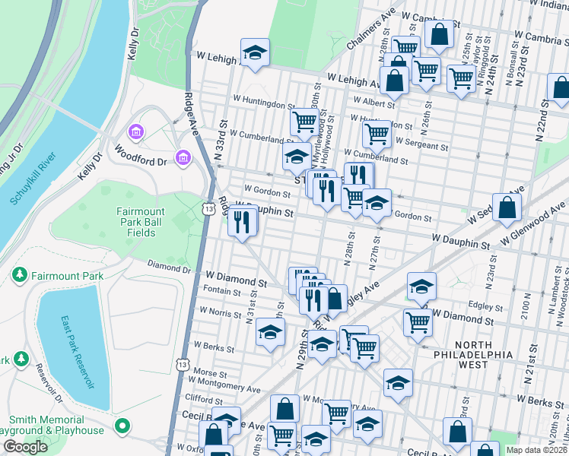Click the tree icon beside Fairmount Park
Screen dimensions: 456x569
pos(17,275)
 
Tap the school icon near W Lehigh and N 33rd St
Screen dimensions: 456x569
pos(255,53)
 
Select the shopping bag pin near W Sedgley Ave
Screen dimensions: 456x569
pos(507,207)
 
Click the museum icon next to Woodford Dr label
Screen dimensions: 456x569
pos(183,158)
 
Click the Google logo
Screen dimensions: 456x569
pos(25,447)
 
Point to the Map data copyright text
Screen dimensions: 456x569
pos(536,450)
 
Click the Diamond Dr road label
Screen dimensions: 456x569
pos(169,268)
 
